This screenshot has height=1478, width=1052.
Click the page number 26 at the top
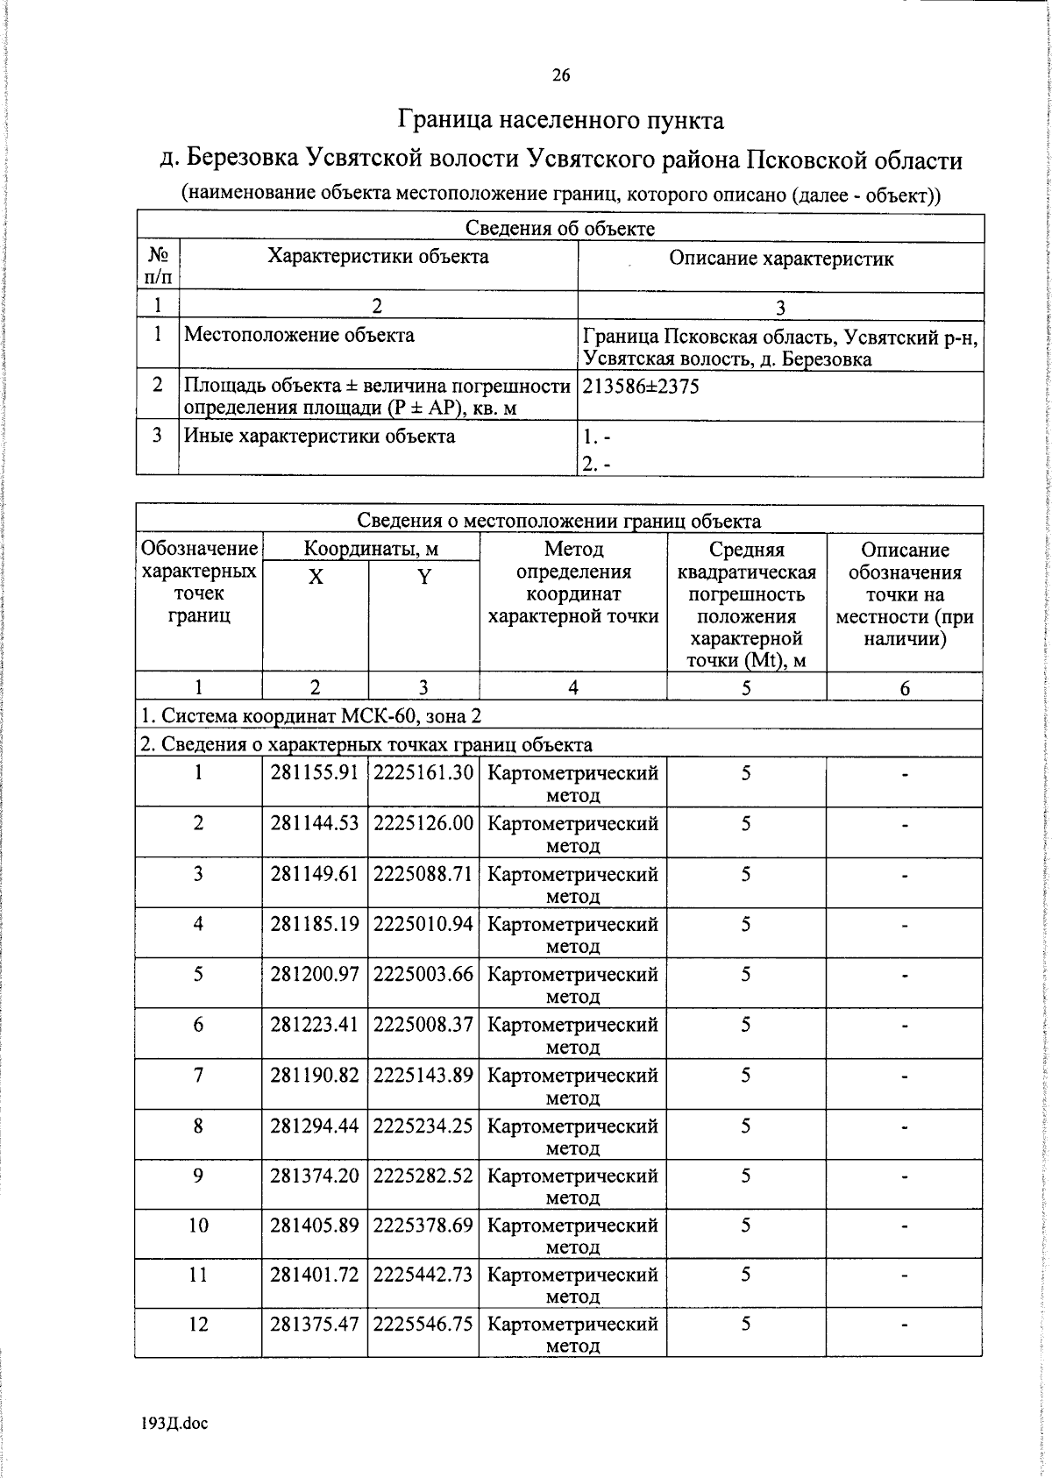tap(560, 75)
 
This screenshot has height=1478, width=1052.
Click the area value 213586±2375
tap(641, 387)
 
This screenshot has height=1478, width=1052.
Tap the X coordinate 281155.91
tap(315, 773)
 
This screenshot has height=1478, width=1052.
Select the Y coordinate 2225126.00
tap(423, 824)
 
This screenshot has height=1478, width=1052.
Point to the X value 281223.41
tap(315, 1025)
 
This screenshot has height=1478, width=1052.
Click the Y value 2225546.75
tap(423, 1324)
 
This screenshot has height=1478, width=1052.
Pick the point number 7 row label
tap(199, 1076)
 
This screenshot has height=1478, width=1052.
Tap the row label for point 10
tap(199, 1225)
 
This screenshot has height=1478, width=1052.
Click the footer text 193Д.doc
tap(174, 1424)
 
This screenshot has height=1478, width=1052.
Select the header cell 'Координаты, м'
tap(370, 550)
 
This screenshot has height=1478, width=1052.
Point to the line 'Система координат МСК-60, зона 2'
tap(312, 716)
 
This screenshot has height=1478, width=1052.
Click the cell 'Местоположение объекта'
tap(299, 335)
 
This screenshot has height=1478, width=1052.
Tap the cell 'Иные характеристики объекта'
tap(319, 437)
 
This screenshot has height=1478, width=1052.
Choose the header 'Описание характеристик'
tap(780, 259)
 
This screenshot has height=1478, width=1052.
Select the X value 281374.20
tap(315, 1176)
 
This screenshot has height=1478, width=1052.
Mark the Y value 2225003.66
tap(423, 975)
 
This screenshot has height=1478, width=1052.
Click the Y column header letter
tap(423, 577)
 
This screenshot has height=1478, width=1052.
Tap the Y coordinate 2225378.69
tap(423, 1225)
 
